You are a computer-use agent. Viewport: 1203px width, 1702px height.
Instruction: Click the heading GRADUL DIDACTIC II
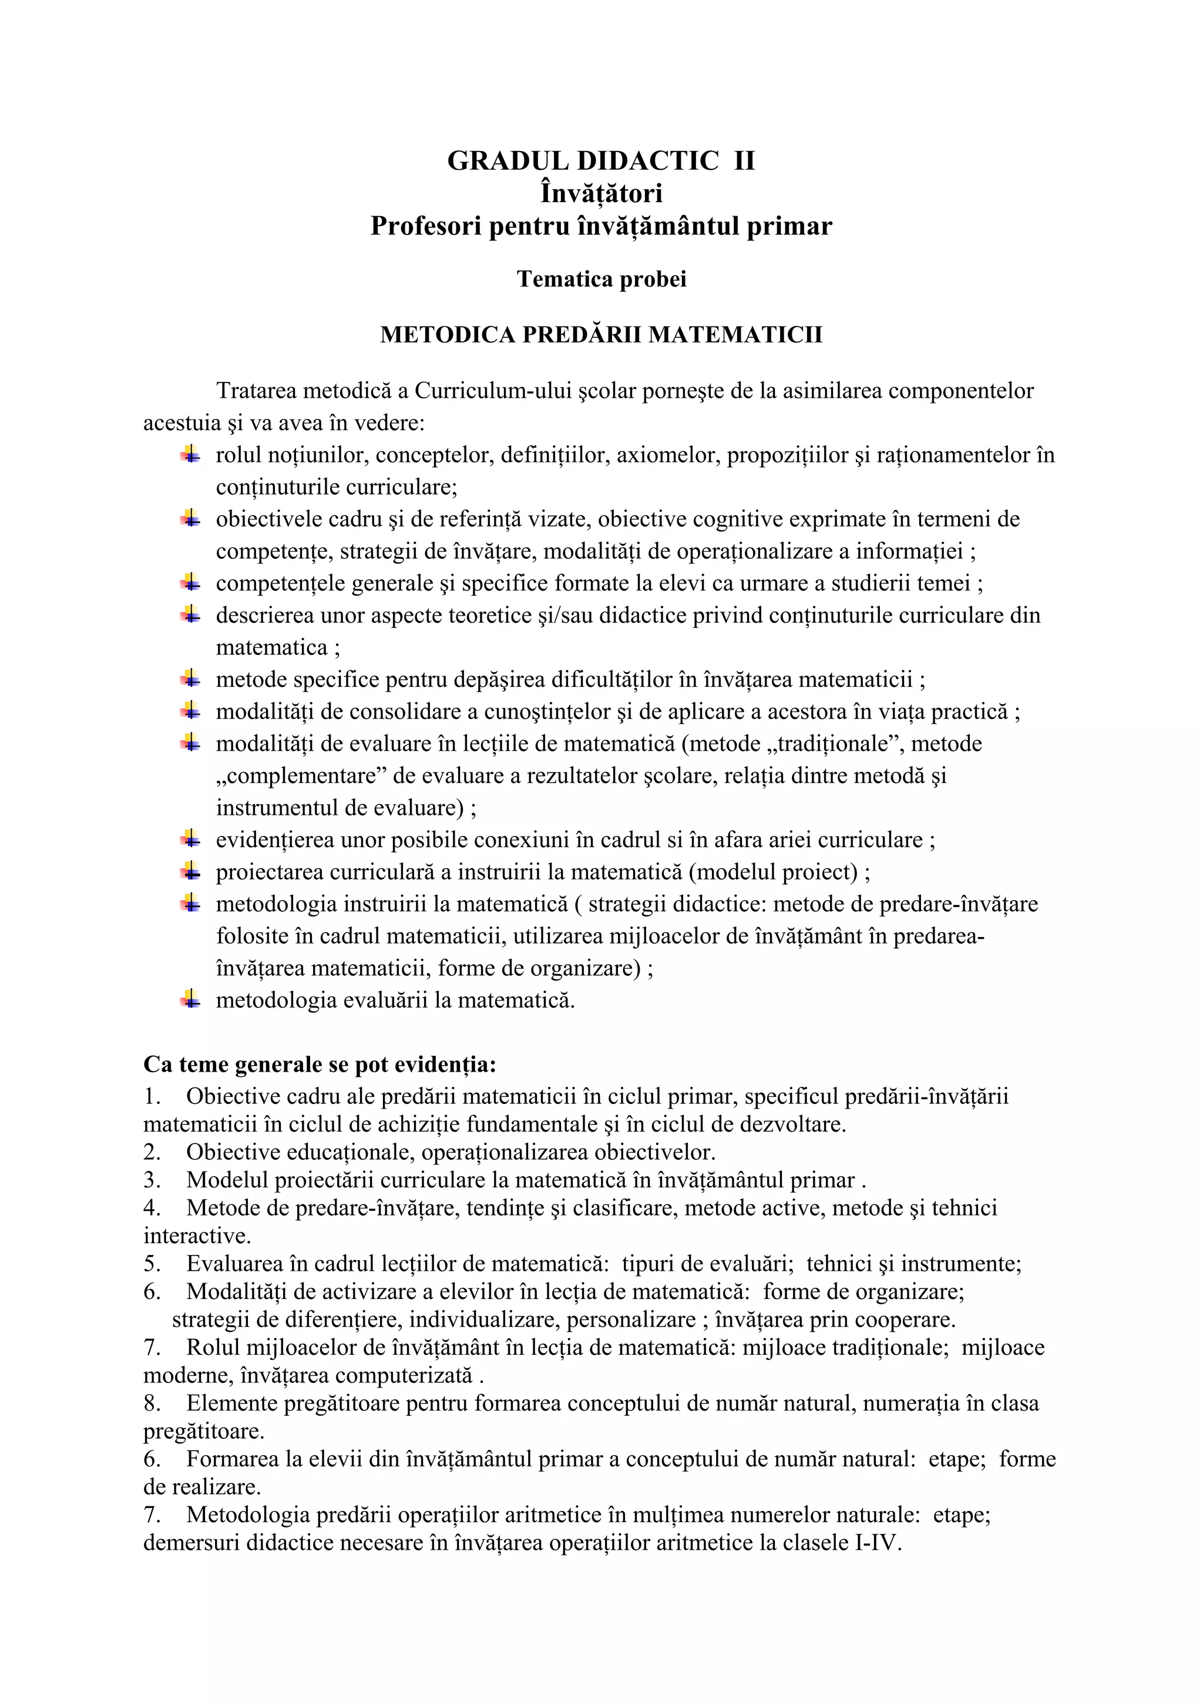point(600,161)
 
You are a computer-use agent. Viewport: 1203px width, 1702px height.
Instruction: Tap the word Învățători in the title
point(601,193)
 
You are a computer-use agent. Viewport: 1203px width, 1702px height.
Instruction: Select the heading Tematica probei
point(601,280)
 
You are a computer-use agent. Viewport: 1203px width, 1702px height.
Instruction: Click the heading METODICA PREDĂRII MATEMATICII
point(601,335)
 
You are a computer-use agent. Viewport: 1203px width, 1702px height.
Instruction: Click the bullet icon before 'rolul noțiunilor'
point(190,454)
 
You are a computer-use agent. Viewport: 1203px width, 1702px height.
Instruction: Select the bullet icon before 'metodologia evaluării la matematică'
point(190,1000)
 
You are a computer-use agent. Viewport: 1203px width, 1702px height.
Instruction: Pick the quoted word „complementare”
point(302,776)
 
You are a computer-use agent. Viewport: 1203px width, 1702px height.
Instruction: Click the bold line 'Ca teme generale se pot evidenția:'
point(320,1065)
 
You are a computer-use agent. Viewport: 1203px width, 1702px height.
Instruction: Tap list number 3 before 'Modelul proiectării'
point(152,1180)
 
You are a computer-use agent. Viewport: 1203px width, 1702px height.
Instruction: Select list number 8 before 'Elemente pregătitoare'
point(152,1404)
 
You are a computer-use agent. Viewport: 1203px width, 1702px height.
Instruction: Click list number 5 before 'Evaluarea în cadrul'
point(152,1264)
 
